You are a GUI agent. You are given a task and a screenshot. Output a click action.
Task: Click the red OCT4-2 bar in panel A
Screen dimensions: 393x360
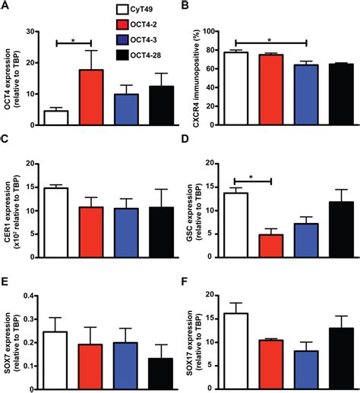pos(91,98)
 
